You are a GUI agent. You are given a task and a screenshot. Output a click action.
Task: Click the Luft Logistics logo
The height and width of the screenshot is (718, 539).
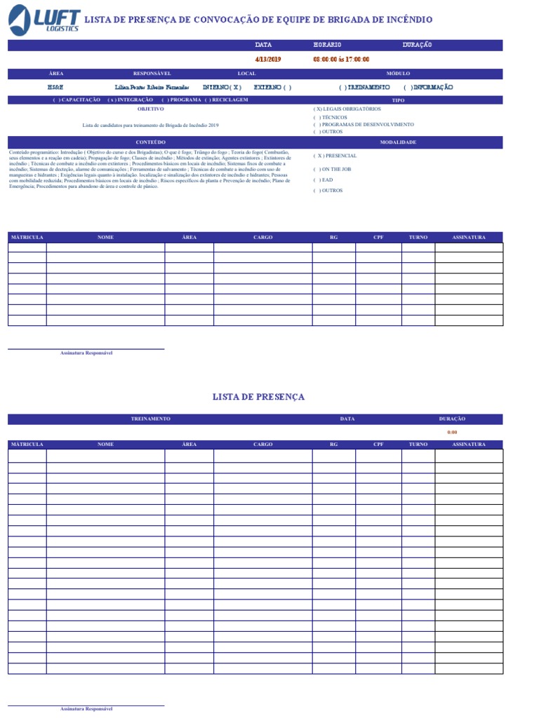click(x=44, y=20)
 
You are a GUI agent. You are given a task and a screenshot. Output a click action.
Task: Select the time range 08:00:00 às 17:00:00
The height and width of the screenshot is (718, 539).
click(x=341, y=60)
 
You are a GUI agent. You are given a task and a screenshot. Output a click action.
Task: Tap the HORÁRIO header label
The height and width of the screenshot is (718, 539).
click(x=327, y=45)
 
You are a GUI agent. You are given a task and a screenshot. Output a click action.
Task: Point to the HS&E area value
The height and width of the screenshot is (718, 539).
click(x=55, y=88)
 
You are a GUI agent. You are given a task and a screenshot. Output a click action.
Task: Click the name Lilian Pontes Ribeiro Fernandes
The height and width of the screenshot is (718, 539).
click(x=152, y=88)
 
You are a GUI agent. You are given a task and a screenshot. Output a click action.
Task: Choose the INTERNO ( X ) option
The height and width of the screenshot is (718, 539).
click(x=222, y=88)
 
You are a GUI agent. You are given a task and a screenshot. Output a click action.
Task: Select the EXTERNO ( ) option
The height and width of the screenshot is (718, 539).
click(x=272, y=88)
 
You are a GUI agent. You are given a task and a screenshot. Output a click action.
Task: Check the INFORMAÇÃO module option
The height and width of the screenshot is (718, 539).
click(x=428, y=88)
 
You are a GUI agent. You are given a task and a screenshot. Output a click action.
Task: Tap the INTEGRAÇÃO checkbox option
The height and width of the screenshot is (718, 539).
click(x=130, y=100)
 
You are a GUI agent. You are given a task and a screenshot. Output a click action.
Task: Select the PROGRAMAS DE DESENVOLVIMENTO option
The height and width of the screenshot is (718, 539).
click(x=364, y=124)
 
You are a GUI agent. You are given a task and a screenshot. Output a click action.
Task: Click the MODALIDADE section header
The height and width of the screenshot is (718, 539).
click(x=398, y=142)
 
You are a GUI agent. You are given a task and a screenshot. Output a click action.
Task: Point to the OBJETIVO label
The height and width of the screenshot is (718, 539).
click(x=151, y=109)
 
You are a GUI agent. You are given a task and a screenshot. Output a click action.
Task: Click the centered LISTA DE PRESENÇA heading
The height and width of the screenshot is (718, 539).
click(x=258, y=397)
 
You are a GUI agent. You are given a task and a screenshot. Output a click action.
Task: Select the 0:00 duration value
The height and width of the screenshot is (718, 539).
click(x=452, y=433)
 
